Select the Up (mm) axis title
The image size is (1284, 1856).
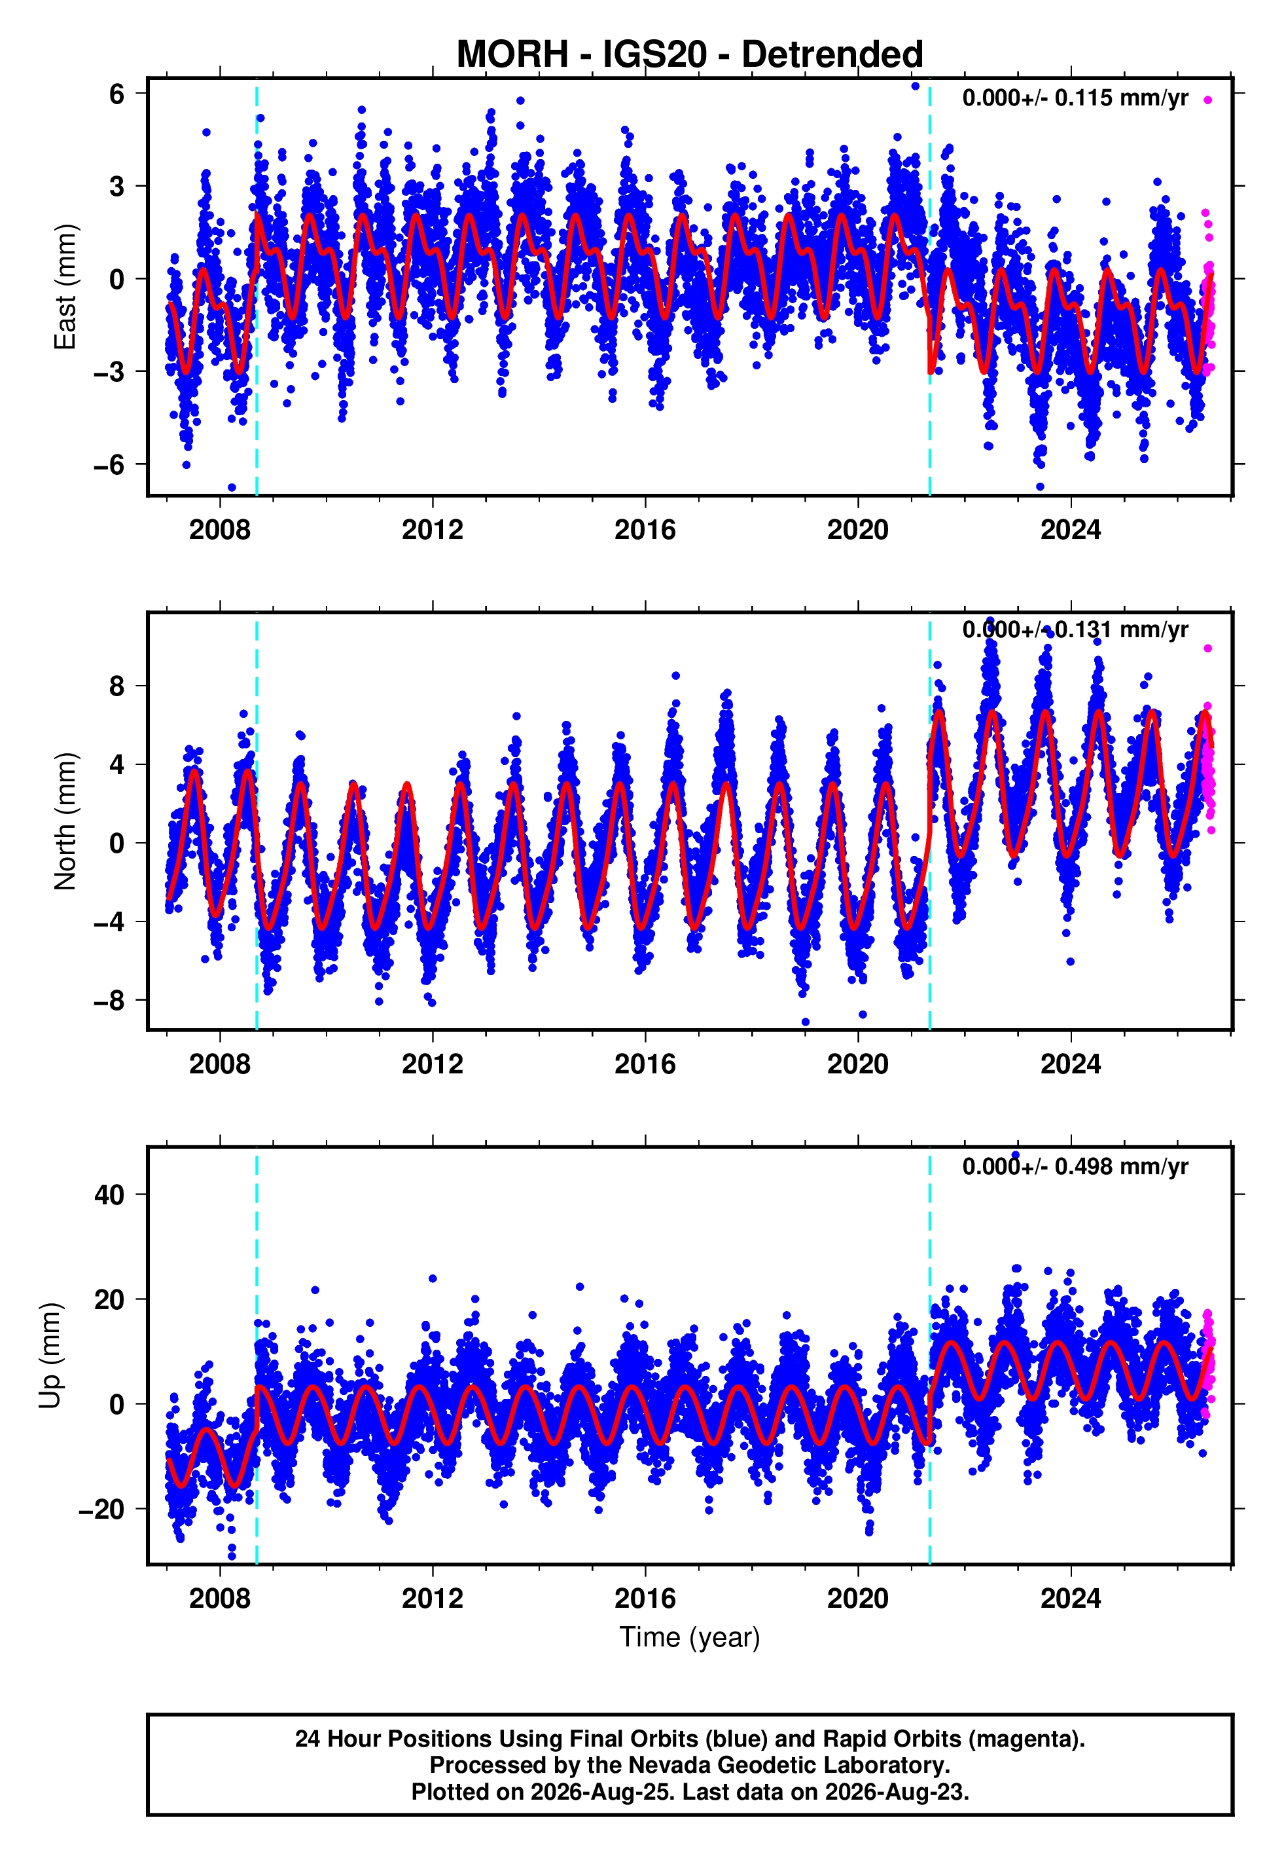pyautogui.click(x=50, y=1356)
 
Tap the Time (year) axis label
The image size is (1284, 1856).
pyautogui.click(x=690, y=1638)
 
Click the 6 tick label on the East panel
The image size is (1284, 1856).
pyautogui.click(x=116, y=94)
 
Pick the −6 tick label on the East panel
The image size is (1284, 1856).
pyautogui.click(x=109, y=465)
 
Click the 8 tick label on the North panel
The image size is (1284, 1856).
pyautogui.click(x=116, y=686)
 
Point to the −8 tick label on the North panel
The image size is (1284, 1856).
pyautogui.click(x=109, y=1001)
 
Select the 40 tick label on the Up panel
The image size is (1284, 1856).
pyautogui.click(x=109, y=1195)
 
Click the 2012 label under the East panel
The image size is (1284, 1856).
pyautogui.click(x=433, y=530)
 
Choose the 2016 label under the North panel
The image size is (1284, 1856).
pyautogui.click(x=645, y=1064)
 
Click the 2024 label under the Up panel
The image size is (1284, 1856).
pyautogui.click(x=1071, y=1599)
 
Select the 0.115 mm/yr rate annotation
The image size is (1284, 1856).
pyautogui.click(x=1122, y=98)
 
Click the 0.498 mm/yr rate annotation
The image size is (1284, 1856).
pyautogui.click(x=1122, y=1167)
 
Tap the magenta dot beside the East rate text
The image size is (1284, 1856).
pyautogui.click(x=1207, y=100)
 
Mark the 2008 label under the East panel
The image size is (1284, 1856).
pyautogui.click(x=220, y=530)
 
